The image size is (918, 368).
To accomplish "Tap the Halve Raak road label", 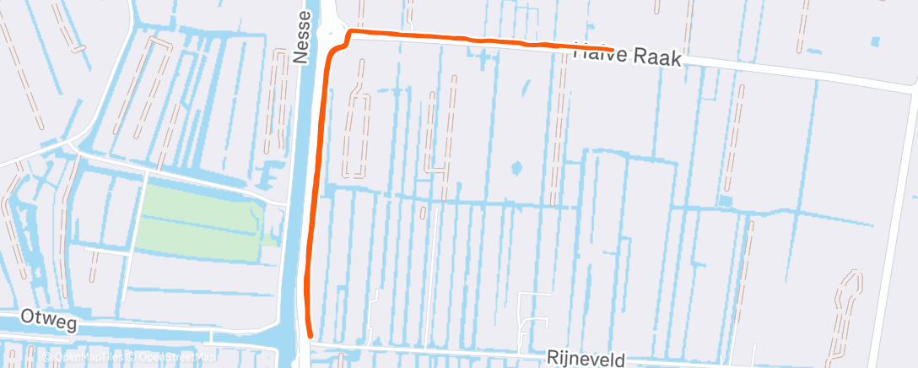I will pos(626,56).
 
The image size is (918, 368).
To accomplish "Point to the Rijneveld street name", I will pos(586,360).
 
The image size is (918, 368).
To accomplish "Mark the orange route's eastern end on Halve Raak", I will pos(610,49).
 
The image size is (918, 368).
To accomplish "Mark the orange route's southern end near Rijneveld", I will pos(310,336).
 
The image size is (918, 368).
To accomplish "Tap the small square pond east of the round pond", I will pos(725,201).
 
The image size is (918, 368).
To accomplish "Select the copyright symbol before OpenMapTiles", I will pos(46,357).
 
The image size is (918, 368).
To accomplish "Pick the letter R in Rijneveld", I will pos(553,358).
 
